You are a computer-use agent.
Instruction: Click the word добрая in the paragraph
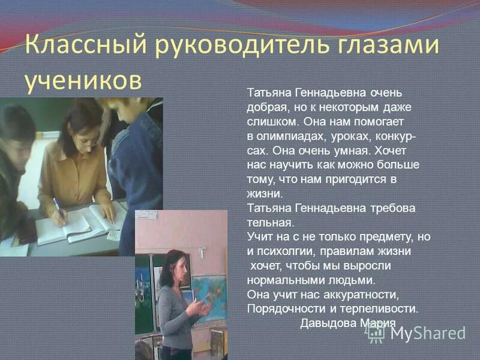click(265, 106)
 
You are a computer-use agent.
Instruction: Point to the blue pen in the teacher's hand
click(58, 206)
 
